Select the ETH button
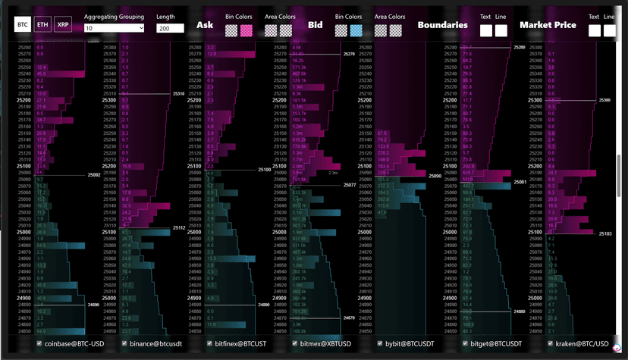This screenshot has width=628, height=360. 43,25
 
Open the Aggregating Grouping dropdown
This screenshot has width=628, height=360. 114,28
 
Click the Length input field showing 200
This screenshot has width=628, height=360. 170,28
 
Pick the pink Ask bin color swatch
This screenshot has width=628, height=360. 246,30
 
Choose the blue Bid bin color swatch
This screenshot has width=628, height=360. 356,30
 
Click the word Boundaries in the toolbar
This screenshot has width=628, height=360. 442,25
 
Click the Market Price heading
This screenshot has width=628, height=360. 548,25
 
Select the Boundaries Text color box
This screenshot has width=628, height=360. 485,30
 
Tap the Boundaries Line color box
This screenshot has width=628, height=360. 501,30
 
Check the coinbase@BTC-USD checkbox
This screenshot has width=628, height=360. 39,343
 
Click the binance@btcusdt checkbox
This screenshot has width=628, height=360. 124,343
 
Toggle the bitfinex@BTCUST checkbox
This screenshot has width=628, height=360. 210,343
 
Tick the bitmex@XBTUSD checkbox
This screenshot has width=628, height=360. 295,343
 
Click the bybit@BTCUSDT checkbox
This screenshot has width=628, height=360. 381,343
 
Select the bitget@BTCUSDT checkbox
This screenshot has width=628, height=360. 466,343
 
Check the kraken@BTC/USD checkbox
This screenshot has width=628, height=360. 551,343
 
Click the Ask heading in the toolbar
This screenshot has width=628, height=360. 205,25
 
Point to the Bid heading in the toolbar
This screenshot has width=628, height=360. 316,25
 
